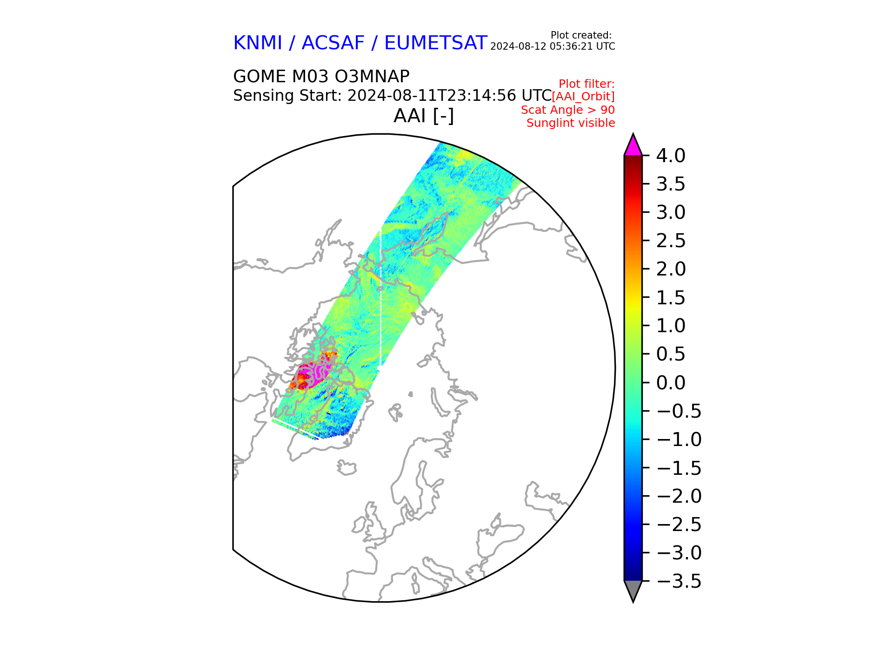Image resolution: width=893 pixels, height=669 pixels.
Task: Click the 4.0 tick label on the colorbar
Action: click(670, 156)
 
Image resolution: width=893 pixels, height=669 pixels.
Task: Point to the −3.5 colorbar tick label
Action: click(679, 581)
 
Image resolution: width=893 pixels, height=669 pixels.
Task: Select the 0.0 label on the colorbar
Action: click(670, 383)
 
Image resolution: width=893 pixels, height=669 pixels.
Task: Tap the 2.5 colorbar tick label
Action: click(670, 241)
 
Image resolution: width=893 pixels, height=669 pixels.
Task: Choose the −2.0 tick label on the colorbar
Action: click(679, 496)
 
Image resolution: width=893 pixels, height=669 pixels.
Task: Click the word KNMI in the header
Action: click(257, 43)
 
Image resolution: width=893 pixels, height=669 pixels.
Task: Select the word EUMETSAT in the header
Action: click(435, 43)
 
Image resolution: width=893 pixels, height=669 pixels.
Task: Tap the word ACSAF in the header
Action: click(333, 43)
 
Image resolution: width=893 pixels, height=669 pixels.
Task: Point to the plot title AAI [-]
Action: click(424, 116)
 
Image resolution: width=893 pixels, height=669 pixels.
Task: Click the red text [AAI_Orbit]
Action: click(583, 97)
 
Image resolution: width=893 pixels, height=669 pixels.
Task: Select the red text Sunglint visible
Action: click(571, 123)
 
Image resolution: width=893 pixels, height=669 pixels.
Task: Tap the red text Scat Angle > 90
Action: click(568, 110)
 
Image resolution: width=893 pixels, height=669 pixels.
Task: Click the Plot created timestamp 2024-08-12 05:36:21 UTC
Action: click(553, 46)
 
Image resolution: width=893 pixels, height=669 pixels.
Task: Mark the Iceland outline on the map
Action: click(346, 467)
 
